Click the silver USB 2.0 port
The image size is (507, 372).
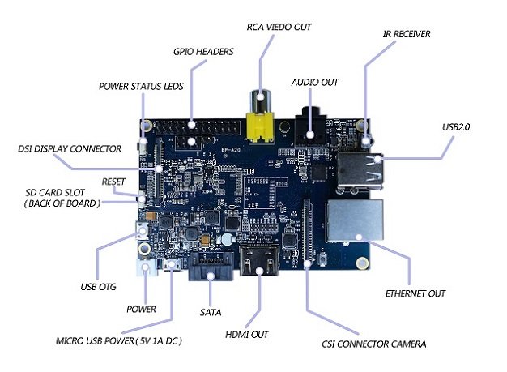click(358, 171)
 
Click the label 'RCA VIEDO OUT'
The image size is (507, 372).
click(278, 28)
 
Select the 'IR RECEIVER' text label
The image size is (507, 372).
click(406, 34)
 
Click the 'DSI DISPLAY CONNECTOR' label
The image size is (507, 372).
click(70, 149)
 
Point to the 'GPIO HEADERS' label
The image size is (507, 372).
click(204, 52)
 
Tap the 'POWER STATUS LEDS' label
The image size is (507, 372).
click(143, 85)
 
